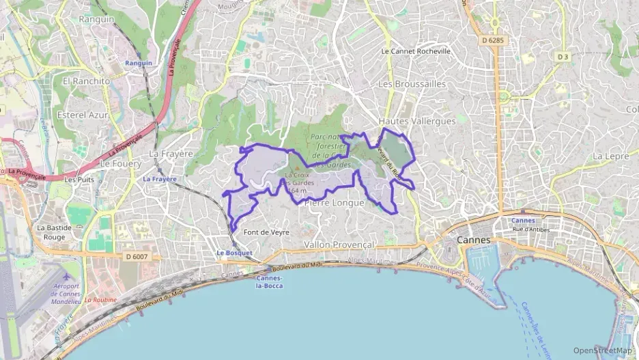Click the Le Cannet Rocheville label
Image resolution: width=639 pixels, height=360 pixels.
[416, 51]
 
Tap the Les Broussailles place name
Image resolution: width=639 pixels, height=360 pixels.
[412, 84]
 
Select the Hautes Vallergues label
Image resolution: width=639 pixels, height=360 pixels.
[416, 121]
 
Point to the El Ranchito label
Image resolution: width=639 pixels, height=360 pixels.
[86, 81]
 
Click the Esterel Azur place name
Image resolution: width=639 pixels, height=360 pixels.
[83, 115]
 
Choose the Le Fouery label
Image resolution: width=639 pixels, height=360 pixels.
[120, 164]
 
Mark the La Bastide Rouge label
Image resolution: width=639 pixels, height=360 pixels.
[51, 232]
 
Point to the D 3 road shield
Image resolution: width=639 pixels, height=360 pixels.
[563, 57]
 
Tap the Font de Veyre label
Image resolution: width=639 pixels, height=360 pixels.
[267, 232]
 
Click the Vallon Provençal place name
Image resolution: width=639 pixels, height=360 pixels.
[339, 245]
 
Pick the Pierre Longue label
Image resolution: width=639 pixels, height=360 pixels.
[334, 202]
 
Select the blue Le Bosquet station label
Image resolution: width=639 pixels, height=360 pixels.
[234, 253]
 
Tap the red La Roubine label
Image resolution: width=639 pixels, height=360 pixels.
[100, 300]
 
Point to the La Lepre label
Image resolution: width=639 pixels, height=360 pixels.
[610, 156]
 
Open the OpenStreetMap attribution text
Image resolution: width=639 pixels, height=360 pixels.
[603, 350]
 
